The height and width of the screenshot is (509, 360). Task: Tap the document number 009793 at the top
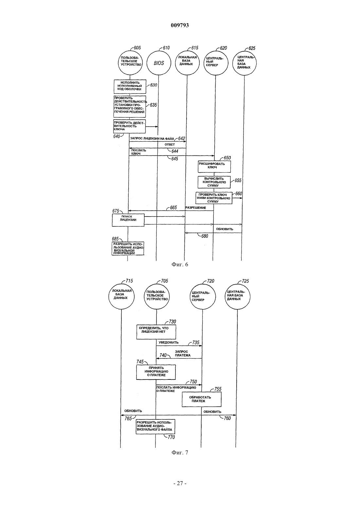click(180, 25)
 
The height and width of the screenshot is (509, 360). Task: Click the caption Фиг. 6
click(180, 265)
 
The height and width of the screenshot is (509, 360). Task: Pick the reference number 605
click(137, 48)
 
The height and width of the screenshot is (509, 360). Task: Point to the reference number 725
click(245, 281)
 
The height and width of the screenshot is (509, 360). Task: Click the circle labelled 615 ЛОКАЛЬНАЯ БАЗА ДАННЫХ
click(187, 63)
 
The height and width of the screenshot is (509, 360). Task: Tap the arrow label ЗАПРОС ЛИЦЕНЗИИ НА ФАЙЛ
click(152, 138)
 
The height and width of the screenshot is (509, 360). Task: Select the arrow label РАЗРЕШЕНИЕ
click(196, 208)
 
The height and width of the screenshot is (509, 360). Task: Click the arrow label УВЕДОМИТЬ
click(169, 342)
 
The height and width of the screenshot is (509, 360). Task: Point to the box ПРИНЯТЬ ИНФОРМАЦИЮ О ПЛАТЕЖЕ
click(156, 372)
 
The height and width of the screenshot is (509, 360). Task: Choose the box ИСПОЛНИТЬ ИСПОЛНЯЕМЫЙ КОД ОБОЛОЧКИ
click(130, 86)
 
